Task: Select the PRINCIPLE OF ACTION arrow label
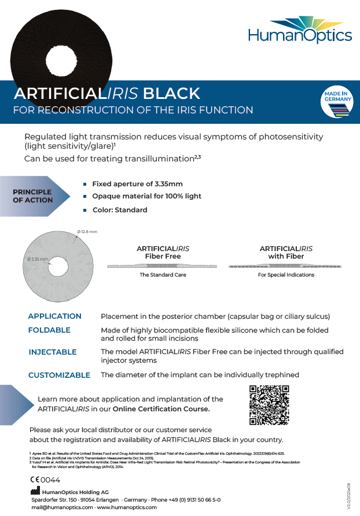click(x=33, y=196)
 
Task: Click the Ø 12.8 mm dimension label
click(x=87, y=232)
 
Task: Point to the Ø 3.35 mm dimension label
click(x=38, y=259)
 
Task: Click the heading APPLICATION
click(x=55, y=316)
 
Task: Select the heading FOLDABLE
click(x=49, y=330)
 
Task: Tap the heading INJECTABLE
click(x=53, y=352)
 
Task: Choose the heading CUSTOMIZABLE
click(x=60, y=375)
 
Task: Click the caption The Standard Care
click(x=163, y=275)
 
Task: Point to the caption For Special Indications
click(x=286, y=275)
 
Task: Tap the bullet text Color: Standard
click(x=120, y=210)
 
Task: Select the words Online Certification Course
click(x=161, y=409)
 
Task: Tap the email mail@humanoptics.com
click(x=62, y=507)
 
